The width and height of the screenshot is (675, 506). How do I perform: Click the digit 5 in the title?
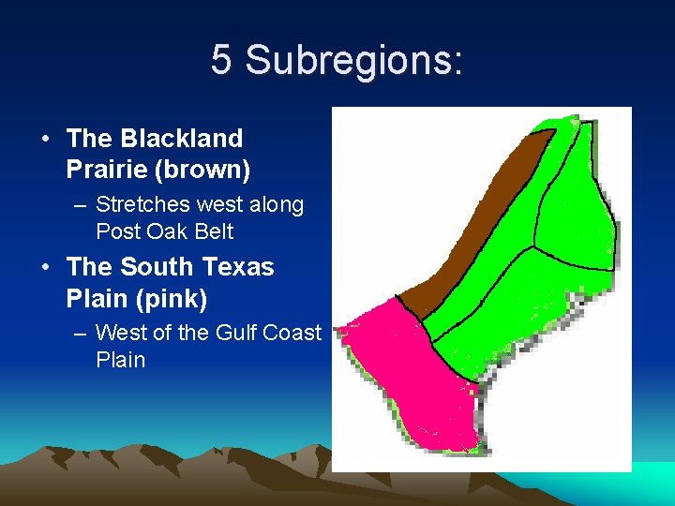(221, 60)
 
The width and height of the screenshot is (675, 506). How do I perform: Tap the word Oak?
(169, 231)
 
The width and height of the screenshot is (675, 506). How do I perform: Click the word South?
(159, 267)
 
